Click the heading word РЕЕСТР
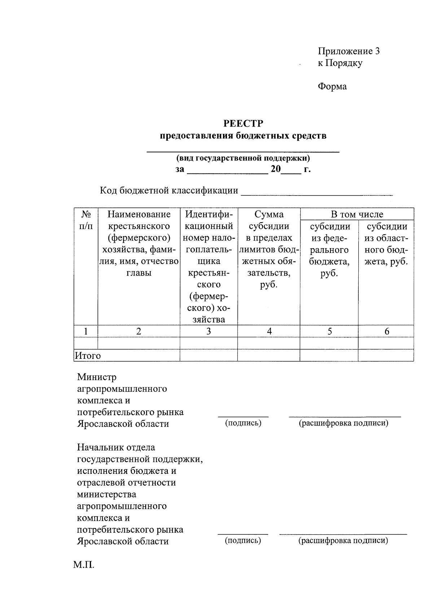click(243, 124)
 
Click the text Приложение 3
click(348, 51)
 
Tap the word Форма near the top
click(332, 87)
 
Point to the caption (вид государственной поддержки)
click(243, 158)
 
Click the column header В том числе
click(357, 214)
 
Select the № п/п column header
click(86, 220)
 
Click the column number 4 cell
click(269, 331)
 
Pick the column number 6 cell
click(386, 331)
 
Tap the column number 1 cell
click(86, 331)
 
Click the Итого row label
click(88, 356)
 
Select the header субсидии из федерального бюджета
click(329, 250)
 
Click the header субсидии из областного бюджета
click(386, 244)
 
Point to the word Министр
click(97, 377)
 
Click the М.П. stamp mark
click(84, 564)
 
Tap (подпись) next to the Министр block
click(243, 423)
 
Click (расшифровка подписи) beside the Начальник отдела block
click(343, 541)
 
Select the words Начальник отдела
click(116, 448)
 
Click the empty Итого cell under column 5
click(329, 355)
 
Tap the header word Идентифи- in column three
click(209, 214)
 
